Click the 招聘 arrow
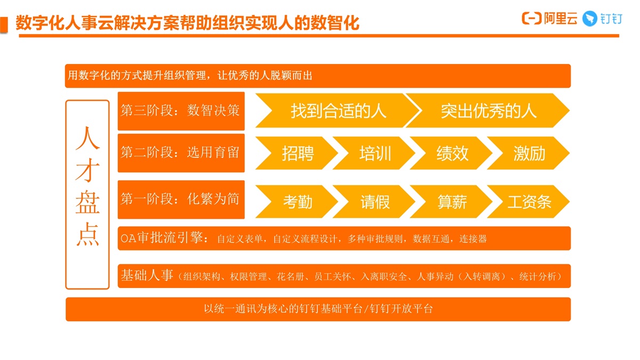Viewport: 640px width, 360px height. pos(297,153)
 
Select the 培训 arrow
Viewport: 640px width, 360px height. pos(374,153)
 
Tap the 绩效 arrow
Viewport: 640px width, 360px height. pos(451,153)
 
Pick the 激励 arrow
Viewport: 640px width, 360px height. pos(529,153)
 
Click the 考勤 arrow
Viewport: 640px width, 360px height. pos(297,202)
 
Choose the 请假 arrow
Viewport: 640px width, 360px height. pos(374,202)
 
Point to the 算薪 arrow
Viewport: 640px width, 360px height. pos(451,202)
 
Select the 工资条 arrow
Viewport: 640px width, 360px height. pos(529,202)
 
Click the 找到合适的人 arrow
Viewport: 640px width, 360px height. pos(338,110)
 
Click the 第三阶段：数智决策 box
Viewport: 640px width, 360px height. pos(181,111)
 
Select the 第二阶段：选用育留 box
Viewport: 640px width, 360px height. pos(181,153)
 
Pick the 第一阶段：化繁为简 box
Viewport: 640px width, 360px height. pos(181,199)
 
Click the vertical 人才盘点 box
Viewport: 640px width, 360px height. pos(87,195)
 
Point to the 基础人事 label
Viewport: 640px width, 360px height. pos(147,275)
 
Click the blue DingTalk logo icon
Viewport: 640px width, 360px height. pos(589,19)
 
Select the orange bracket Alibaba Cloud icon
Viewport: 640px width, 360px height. pos(532,19)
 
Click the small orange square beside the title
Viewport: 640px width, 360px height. pos(4,25)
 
